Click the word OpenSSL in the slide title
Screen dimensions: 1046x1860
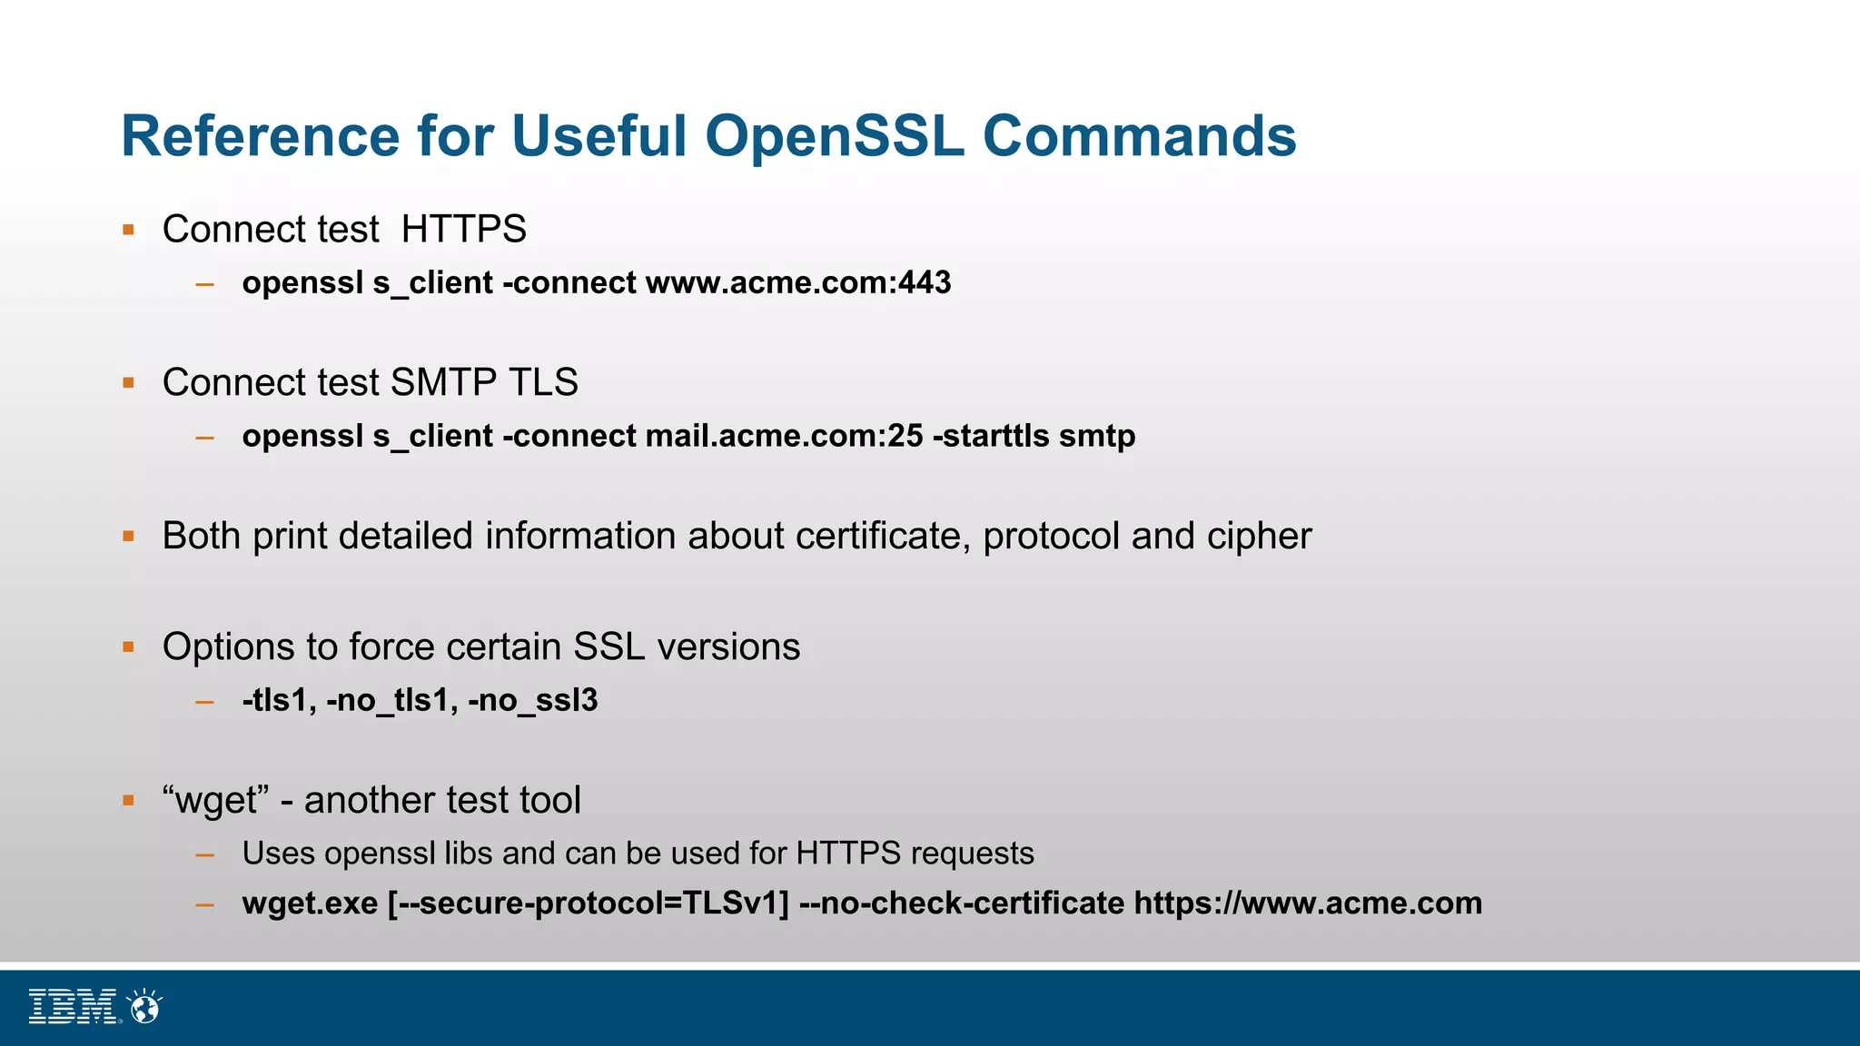834,136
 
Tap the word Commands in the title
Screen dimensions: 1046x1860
1139,136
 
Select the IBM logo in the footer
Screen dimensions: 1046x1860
74,1006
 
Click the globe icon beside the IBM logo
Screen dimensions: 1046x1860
144,1007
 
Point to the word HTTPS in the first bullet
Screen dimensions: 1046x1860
463,229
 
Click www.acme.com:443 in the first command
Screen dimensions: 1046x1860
798,282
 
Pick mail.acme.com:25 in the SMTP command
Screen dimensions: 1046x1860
784,436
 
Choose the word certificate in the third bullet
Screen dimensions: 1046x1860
877,536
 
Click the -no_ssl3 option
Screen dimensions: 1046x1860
532,700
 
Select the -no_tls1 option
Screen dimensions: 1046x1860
391,700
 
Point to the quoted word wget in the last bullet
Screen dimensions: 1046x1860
216,801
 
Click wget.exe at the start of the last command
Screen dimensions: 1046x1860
310,903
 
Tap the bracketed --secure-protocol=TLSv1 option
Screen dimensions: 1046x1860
589,903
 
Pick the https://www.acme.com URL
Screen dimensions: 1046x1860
1308,903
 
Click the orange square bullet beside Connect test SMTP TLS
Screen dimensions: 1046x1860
129,383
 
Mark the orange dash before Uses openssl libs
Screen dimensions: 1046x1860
204,854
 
